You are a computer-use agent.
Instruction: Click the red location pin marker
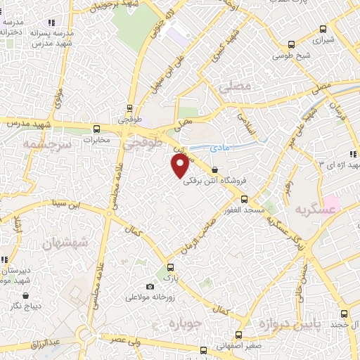[180, 166]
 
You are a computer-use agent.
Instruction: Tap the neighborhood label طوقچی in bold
[143, 144]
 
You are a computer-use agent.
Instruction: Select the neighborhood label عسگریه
[312, 210]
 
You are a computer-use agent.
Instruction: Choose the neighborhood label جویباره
[185, 324]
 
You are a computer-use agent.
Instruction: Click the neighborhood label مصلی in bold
[235, 88]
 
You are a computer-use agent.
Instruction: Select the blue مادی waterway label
[221, 148]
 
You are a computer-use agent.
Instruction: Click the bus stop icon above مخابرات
[96, 129]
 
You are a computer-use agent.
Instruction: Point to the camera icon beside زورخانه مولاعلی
[149, 286]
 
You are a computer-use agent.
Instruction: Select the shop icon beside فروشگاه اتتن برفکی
[214, 169]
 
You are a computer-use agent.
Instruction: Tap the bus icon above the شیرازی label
[323, 29]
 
